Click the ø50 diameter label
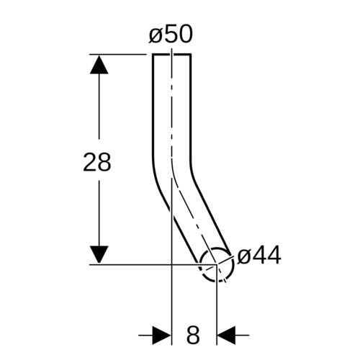coord(171,35)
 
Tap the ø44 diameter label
coord(259,256)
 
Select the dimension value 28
coord(97,162)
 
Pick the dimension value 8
coord(193,335)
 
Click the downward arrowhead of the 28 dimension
coord(99,255)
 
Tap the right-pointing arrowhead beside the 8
coord(162,335)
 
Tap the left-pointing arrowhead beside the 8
coord(226,335)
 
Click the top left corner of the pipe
coord(153,55)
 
